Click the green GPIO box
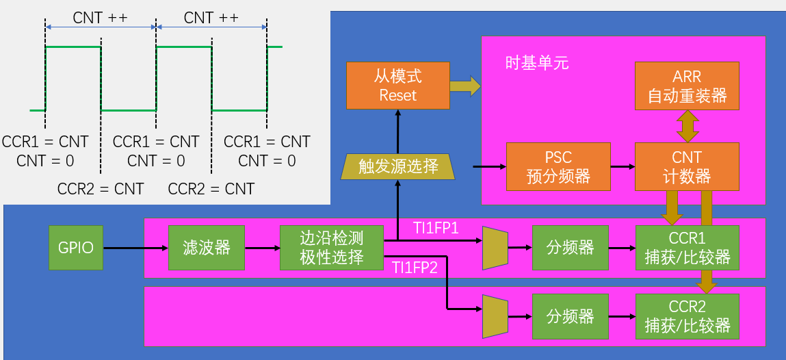tap(75, 247)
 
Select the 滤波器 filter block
tap(206, 247)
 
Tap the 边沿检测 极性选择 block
tap(331, 248)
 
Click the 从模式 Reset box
tap(397, 86)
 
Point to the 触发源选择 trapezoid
tap(397, 166)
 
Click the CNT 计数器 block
tap(687, 166)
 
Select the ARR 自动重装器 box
tap(687, 86)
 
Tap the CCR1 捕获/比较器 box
tap(687, 247)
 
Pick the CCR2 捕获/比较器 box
tap(687, 316)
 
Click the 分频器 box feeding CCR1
tap(570, 247)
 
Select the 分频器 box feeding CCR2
tap(570, 316)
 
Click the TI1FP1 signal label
tap(435, 228)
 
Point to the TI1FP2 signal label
tap(415, 268)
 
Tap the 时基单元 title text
tap(536, 64)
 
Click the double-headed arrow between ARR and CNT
tap(687, 126)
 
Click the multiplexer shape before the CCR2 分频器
tap(495, 316)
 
